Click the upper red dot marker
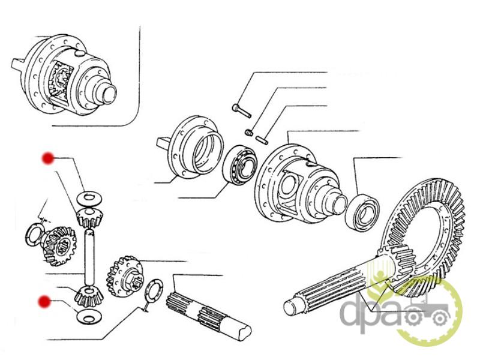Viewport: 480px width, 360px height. coord(48,158)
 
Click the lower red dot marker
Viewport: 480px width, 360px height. coord(44,302)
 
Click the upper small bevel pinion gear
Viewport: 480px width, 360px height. coord(89,217)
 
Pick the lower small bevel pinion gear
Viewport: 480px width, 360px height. coord(89,295)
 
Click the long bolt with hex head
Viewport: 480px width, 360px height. coord(242,110)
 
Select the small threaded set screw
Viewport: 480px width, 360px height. coord(248,132)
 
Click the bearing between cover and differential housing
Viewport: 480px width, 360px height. coord(240,165)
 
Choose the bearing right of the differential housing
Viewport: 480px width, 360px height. coord(362,212)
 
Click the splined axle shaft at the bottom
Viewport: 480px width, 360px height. coord(208,311)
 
